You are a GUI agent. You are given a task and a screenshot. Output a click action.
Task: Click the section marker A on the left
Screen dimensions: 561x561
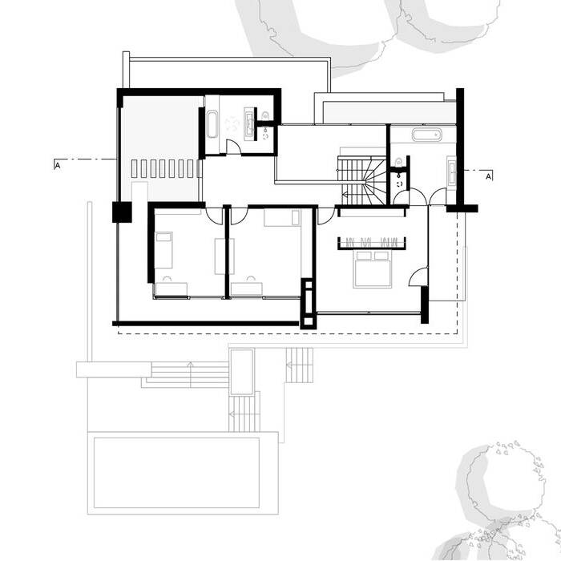point(58,166)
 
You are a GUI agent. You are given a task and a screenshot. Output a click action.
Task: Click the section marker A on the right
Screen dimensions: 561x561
point(489,176)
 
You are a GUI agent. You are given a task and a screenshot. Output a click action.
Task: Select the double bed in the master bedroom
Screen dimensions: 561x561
point(373,269)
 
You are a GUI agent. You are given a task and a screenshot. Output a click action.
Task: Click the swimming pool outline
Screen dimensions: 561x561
point(176,474)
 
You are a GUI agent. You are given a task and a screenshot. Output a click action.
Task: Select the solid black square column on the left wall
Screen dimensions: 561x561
point(120,212)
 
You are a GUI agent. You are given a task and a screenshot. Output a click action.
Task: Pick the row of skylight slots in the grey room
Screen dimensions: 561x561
point(164,168)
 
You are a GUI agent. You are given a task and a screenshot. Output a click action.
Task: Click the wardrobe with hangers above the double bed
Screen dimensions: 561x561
point(372,241)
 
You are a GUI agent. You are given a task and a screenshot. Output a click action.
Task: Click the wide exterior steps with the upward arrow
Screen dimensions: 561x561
point(188,373)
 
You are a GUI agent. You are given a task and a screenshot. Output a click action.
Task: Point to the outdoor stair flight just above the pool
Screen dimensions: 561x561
point(245,414)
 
